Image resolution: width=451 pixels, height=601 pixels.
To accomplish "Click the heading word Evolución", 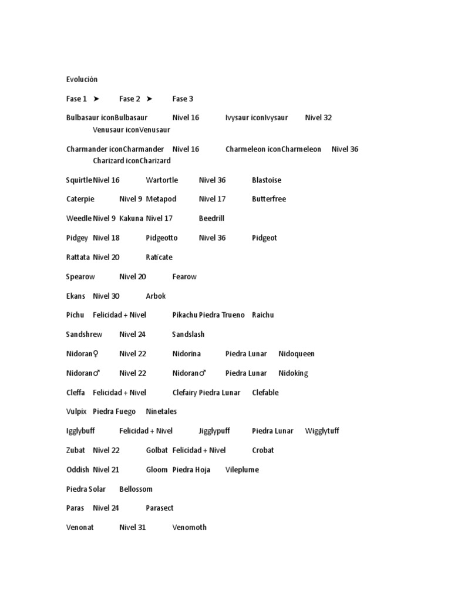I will click(82, 79).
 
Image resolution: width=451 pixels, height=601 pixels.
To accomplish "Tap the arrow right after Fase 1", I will click(96, 99).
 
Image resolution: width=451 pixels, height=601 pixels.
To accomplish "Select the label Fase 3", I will click(183, 99).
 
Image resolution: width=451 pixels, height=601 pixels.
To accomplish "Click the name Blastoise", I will click(267, 180).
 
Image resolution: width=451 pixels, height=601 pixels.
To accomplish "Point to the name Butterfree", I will click(269, 199).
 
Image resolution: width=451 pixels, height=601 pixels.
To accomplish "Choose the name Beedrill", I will click(211, 218).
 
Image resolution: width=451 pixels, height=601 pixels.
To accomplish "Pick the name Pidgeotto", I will click(161, 238).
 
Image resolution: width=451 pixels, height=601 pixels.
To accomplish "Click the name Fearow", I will click(184, 276).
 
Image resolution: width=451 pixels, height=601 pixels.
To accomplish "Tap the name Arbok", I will click(156, 296).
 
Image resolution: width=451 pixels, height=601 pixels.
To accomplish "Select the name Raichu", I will click(263, 315).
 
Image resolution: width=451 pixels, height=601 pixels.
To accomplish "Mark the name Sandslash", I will click(188, 335).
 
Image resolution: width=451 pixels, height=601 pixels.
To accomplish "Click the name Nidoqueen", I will click(297, 354).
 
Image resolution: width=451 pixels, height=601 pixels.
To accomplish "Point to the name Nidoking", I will click(293, 373).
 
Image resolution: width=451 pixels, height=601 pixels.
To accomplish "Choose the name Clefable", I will click(265, 393).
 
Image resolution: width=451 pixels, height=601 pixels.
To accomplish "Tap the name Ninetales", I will click(161, 411).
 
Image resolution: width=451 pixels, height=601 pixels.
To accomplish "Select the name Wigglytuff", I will click(322, 431).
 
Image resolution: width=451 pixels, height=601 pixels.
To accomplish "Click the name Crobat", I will click(263, 450).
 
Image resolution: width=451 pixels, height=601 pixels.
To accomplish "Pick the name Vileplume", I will click(242, 470).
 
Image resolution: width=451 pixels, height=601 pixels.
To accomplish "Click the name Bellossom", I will click(136, 489).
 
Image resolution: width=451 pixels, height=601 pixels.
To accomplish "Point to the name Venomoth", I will click(189, 527).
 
